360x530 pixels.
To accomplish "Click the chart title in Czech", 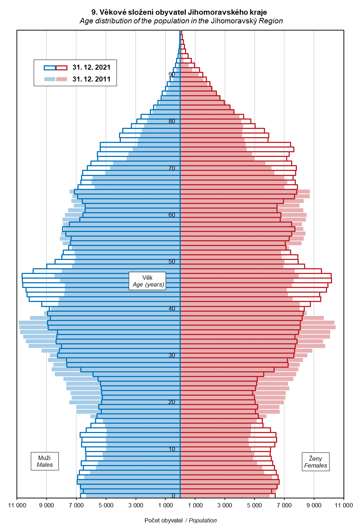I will pos(179,12).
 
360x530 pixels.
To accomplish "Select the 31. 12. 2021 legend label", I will pos(91,68).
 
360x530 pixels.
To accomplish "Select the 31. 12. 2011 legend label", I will pos(91,79).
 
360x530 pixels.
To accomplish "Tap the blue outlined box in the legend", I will pos(50,68).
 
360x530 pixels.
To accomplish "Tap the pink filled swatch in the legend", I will pos(62,79).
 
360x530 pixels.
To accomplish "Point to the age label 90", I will pos(172,74).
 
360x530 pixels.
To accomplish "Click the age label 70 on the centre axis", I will pos(172,168).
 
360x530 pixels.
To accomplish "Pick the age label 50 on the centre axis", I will pos(172,261).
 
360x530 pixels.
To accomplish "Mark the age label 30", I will pos(172,355).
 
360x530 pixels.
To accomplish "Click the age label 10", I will pos(172,449).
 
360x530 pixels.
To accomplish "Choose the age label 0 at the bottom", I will pos(174,496).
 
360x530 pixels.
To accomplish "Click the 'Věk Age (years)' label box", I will pos(147,281).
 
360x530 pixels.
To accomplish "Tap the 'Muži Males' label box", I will pos(44,461).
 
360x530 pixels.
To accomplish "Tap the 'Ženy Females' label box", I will pos(316,462).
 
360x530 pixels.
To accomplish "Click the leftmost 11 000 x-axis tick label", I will pos(17,506).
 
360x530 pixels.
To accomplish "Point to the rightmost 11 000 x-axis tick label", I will pos(344,506).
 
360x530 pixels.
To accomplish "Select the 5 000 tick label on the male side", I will pos(106,506).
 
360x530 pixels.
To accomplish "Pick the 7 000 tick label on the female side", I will pos(284,506).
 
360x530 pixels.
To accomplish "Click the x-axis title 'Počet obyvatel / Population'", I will pos(180,520).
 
